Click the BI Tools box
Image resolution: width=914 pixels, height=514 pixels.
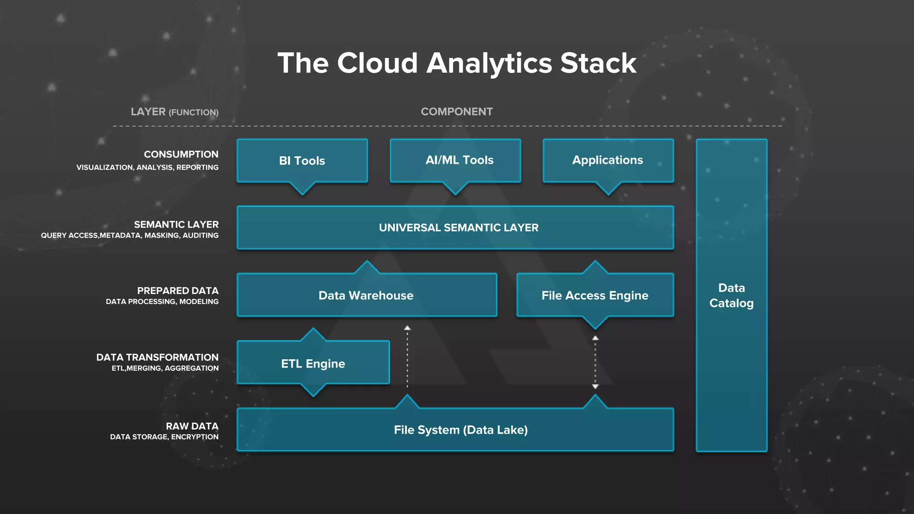click(302, 161)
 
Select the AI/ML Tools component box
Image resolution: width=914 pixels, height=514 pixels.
click(455, 160)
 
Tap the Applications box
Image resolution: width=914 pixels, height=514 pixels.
click(608, 160)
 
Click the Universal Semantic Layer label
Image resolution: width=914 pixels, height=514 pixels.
click(458, 228)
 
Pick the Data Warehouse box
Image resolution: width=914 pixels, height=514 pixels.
click(366, 295)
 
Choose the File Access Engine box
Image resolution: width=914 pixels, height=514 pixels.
click(595, 295)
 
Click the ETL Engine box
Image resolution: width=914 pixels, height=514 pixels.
click(313, 364)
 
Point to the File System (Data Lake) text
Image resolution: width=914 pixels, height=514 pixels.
click(461, 430)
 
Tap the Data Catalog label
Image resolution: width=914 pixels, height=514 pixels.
click(731, 295)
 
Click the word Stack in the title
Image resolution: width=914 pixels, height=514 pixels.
click(598, 63)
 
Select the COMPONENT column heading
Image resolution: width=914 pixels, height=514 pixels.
click(457, 112)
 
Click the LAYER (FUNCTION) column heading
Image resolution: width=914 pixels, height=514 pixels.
click(174, 112)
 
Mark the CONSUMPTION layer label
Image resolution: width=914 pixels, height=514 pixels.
click(181, 154)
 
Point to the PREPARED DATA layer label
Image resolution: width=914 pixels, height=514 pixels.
click(178, 290)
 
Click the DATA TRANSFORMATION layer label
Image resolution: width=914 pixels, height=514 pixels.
click(157, 357)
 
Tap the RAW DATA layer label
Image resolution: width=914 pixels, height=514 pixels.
click(192, 426)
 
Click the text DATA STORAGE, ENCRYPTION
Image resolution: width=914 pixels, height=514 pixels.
click(164, 437)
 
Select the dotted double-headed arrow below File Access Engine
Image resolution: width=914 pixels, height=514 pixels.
click(595, 362)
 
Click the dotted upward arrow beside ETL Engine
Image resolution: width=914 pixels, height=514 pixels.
click(407, 357)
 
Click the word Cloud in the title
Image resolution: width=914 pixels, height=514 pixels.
click(377, 63)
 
